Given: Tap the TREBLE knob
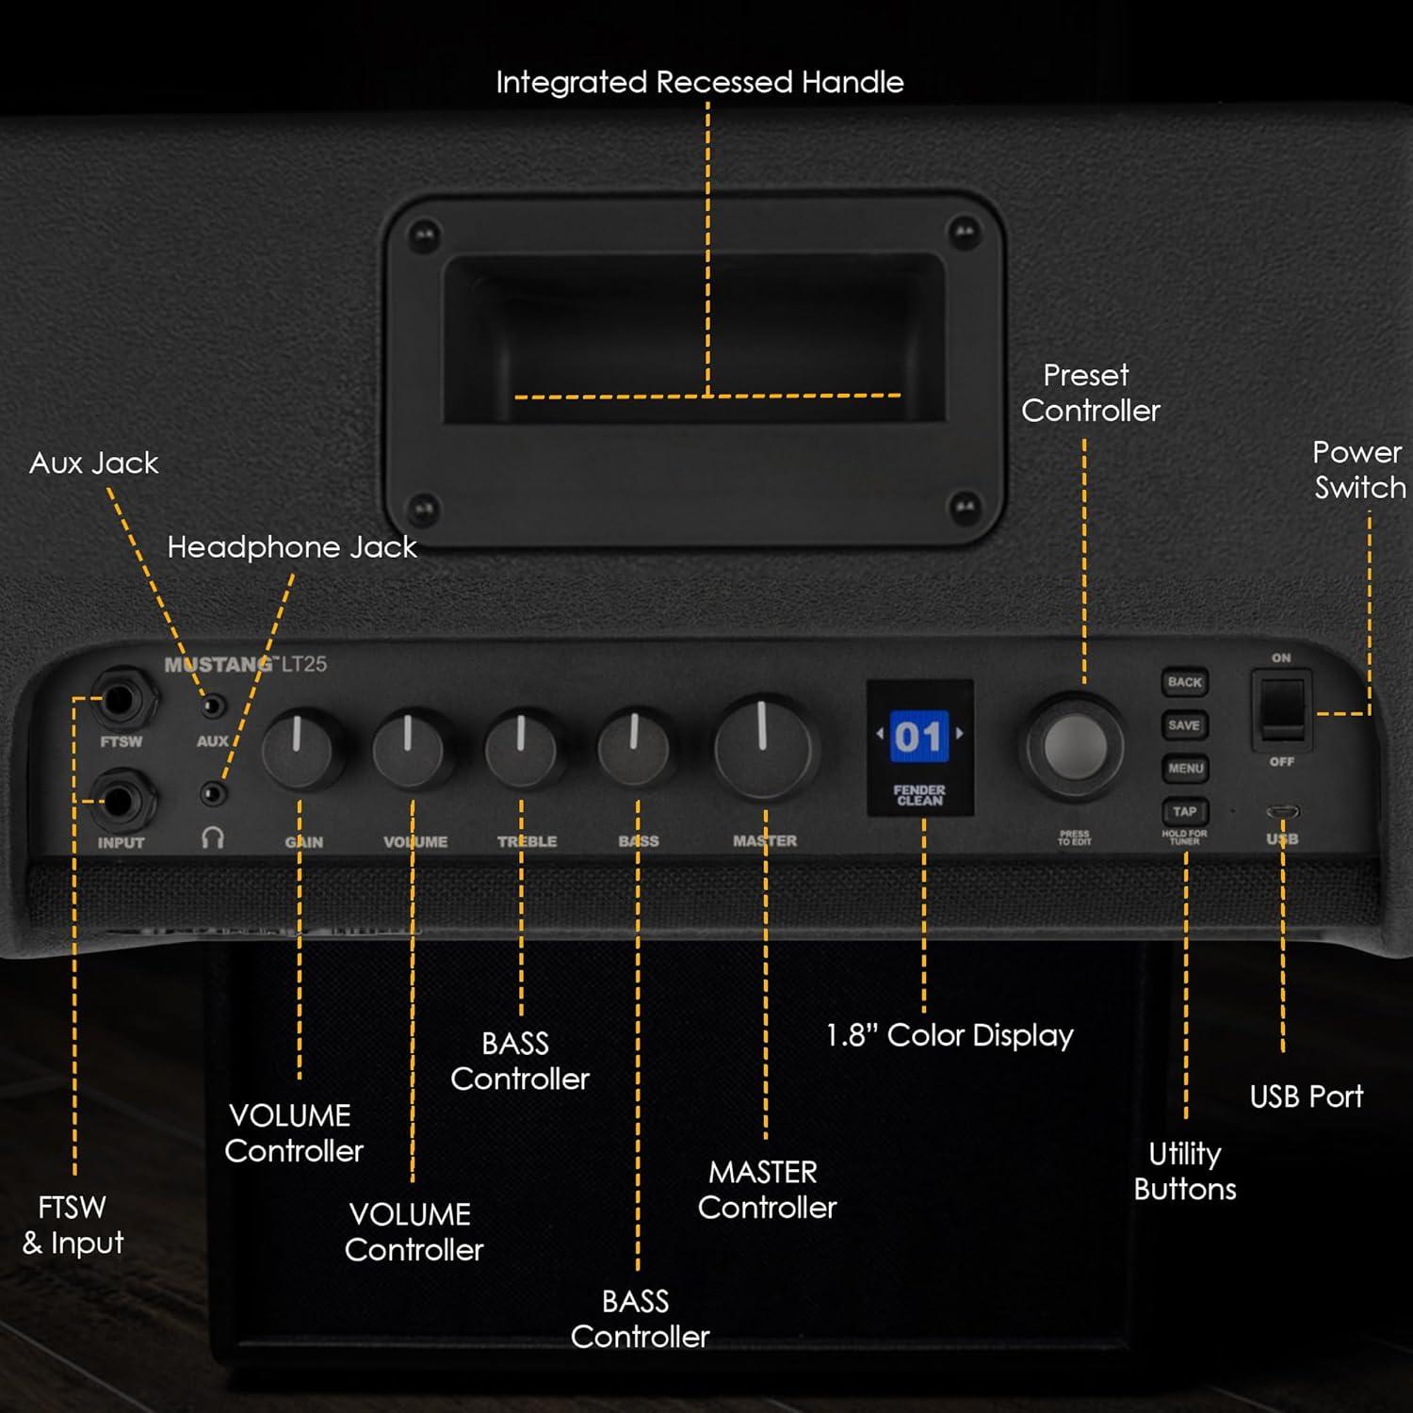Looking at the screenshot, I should [521, 749].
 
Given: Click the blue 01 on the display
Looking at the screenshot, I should [918, 737].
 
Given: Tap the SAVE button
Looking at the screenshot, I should [1184, 725].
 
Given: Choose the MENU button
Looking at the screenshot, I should [1185, 769].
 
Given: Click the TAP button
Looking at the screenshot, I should [1184, 811].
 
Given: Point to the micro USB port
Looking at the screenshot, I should [1282, 812].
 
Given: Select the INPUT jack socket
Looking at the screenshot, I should [120, 802].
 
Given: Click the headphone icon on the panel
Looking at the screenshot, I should [213, 837].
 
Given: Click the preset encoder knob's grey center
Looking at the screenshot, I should [1075, 747].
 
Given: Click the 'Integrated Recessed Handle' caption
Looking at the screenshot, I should [699, 83].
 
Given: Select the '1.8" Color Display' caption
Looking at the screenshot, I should [950, 1035].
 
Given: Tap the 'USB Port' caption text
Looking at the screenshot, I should [1306, 1096].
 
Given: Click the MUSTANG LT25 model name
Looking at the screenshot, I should [246, 664].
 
